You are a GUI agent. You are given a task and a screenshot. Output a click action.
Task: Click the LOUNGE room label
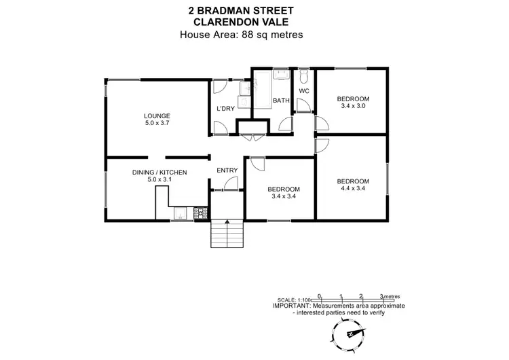coord(157,115)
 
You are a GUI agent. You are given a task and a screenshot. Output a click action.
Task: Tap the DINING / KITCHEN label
coord(159,173)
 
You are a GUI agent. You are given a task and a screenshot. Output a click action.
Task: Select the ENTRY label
coord(226,170)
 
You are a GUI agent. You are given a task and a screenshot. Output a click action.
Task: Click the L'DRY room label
coord(225,109)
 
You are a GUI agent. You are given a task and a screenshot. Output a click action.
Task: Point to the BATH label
coord(281,101)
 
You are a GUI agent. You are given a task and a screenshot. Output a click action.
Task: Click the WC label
coord(304,90)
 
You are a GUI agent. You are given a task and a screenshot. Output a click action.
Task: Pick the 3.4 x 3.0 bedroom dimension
coord(353,106)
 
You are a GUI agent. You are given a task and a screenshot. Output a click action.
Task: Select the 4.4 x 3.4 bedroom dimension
coord(353,190)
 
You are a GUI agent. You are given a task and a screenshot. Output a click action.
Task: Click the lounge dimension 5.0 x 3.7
coord(157,124)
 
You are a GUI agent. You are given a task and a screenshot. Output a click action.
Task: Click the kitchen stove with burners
coord(200,214)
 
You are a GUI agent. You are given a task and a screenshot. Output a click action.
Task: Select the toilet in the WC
coord(304,76)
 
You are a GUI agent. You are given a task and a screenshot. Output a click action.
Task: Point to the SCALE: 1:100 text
coord(293,300)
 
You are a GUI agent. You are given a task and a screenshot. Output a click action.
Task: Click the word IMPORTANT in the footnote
coord(290,306)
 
